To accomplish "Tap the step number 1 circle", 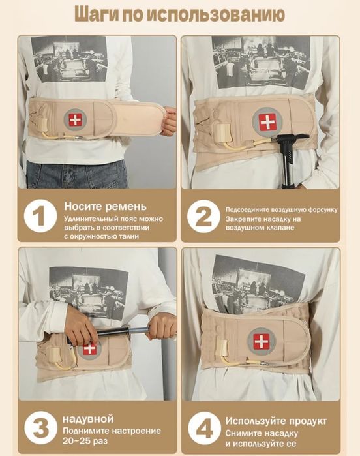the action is (40, 216).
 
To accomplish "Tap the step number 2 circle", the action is (203, 216).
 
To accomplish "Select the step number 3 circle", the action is (40, 427).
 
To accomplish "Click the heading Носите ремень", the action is (105, 207).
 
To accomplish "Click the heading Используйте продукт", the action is (276, 421).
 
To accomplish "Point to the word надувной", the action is (88, 419).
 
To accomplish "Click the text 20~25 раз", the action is (85, 441).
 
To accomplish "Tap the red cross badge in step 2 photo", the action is (267, 121).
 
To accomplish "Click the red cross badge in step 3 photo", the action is (89, 349).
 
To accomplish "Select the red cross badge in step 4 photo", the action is (261, 341).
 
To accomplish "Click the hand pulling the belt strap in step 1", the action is (168, 120).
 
